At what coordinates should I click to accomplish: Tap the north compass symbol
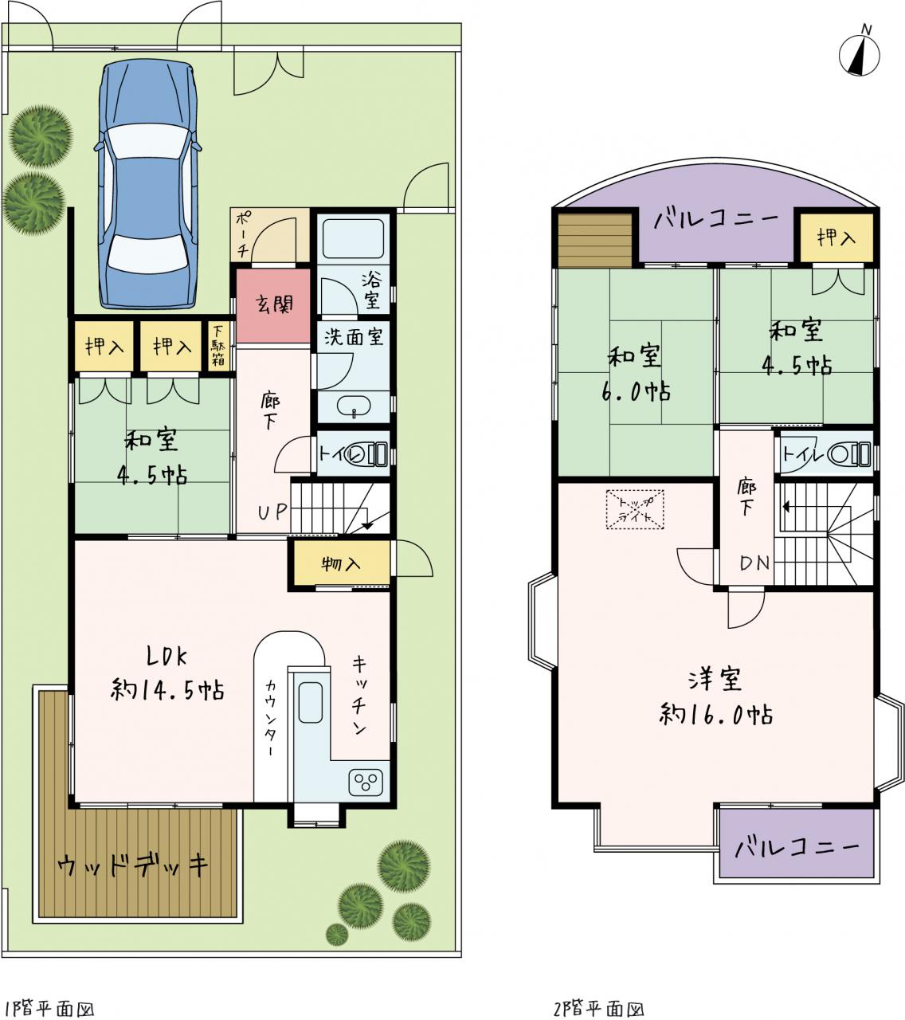point(860,52)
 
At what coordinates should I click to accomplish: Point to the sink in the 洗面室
point(354,406)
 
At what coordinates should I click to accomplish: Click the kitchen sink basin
point(310,702)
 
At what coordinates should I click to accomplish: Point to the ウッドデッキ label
point(132,865)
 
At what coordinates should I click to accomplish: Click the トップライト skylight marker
point(635,509)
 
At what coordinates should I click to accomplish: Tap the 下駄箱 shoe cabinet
point(219,347)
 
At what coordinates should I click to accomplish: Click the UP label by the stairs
point(272,512)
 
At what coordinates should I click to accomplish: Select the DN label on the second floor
point(754,563)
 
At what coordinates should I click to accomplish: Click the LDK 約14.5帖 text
point(167,673)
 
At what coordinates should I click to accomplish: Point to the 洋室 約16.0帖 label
point(715,696)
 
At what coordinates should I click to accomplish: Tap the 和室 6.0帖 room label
point(635,373)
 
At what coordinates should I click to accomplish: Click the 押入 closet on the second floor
point(836,237)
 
